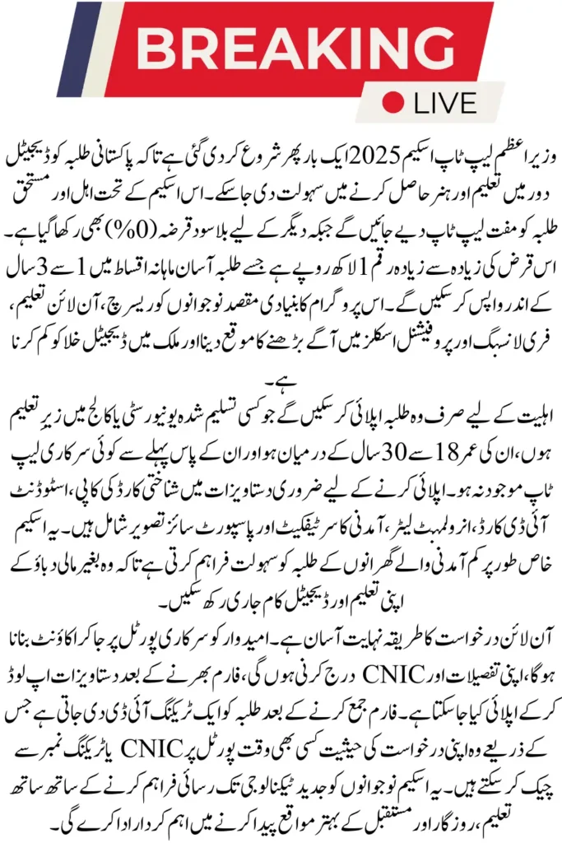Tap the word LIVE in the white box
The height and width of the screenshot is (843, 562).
[445, 103]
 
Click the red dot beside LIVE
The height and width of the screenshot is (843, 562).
[397, 103]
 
